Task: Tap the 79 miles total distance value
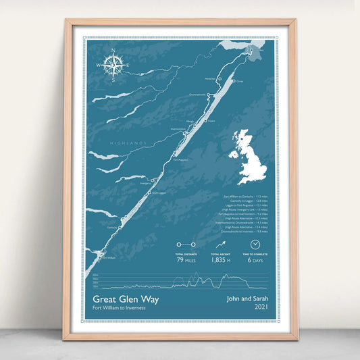[x=186, y=260]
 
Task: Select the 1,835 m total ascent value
[x=220, y=260]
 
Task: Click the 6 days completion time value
[x=255, y=260]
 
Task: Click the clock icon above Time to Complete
[x=255, y=245]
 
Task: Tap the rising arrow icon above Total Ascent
[x=220, y=245]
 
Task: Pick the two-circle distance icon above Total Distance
[x=186, y=245]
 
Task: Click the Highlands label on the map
[x=128, y=143]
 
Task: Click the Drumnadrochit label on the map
[x=197, y=95]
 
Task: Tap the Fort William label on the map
[x=108, y=257]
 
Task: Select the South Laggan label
[x=157, y=192]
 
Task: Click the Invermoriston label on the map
[x=178, y=128]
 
